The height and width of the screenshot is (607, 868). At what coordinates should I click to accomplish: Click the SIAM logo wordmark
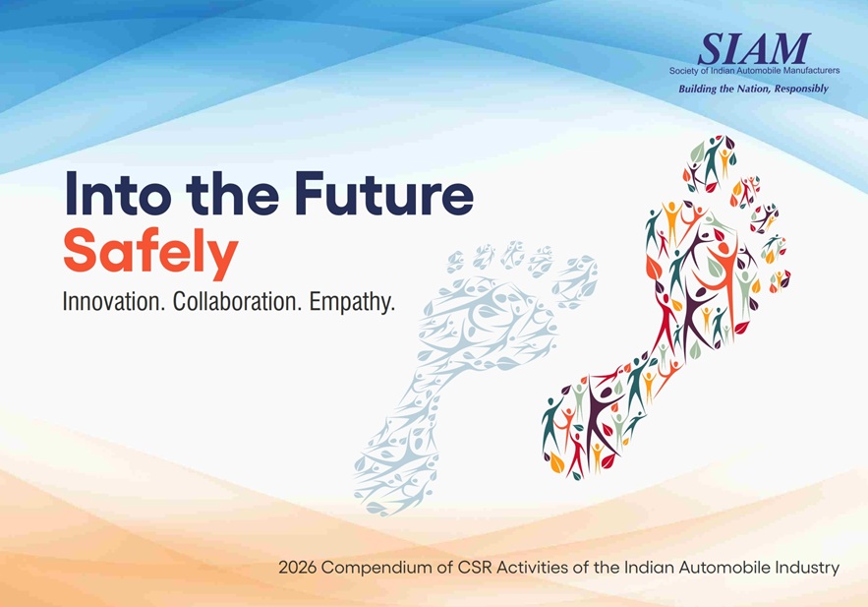point(754,49)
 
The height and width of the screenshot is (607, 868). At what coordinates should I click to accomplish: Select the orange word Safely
point(150,253)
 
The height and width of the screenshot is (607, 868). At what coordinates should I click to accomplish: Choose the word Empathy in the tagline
point(352,303)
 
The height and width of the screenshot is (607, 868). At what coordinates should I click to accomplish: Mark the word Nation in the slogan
point(753,89)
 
